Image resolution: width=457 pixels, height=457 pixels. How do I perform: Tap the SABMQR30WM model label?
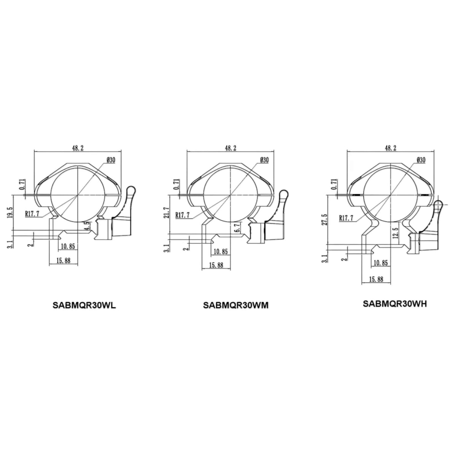tap(235, 305)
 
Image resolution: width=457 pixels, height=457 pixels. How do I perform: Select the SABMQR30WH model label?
tap(395, 304)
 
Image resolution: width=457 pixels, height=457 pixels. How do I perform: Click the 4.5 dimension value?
tap(88, 225)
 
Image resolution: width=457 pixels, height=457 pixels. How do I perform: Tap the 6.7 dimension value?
tap(238, 227)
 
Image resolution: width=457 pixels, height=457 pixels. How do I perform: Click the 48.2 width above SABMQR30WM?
tap(230, 148)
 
